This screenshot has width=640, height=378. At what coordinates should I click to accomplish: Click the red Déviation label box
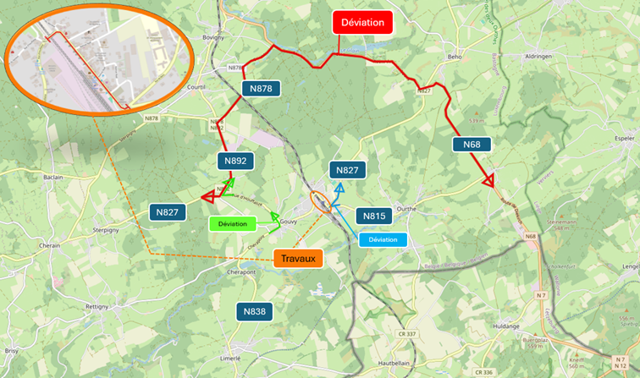[362, 23]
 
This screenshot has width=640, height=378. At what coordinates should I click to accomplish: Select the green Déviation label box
[232, 224]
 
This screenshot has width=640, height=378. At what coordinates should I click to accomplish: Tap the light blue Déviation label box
[383, 239]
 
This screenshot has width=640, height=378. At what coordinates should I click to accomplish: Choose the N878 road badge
[261, 88]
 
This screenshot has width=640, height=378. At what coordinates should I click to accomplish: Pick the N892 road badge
[236, 161]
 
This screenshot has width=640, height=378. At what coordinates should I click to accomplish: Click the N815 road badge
[374, 216]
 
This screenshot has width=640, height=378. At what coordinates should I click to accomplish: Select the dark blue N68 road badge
[472, 145]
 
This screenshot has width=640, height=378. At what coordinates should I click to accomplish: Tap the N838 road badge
[255, 311]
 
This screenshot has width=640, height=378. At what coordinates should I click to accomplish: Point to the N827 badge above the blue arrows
[347, 170]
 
